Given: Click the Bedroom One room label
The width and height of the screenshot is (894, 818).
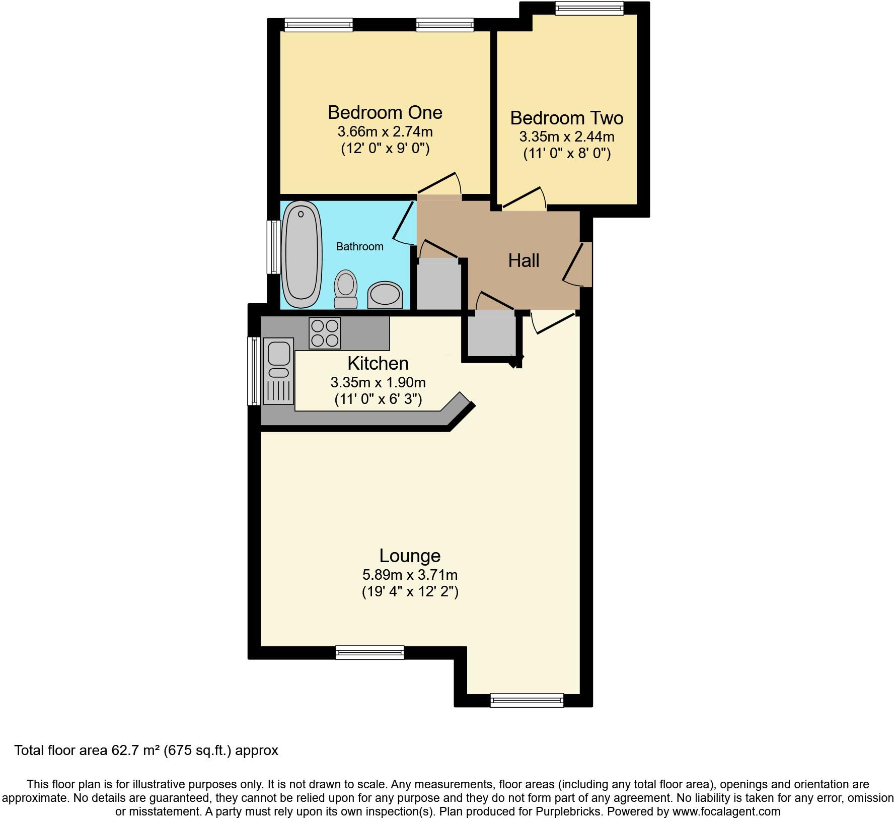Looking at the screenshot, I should point(385,112).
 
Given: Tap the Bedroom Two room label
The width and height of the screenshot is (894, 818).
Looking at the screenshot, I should point(567,118).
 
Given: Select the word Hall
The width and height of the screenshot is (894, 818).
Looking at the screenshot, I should point(524,260).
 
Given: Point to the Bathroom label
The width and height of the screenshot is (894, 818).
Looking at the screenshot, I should point(359,247).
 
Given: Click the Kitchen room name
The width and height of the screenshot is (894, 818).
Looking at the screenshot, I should point(378,363).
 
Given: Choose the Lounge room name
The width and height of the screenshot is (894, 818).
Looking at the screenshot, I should point(410,556).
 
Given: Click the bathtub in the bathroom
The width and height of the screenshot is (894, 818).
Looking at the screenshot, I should point(302,254).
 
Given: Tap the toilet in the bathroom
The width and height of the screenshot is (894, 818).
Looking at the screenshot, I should point(345,289).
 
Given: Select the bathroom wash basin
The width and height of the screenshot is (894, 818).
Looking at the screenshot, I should point(385,295).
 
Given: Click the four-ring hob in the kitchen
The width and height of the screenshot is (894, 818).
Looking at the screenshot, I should point(325,333).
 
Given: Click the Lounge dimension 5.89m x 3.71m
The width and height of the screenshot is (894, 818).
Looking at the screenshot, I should point(410,575).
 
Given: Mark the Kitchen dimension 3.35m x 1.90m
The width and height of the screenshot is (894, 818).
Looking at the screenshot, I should point(378,382).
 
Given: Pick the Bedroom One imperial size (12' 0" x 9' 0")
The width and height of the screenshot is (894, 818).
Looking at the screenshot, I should point(385,149).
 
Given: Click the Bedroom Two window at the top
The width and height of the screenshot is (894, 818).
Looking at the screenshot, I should point(589,8).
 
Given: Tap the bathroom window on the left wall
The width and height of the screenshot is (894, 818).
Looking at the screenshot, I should point(274,247).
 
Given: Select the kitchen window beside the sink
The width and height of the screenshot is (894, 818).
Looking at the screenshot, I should point(254,371).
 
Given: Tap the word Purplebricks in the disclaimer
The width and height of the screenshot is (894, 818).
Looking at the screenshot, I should point(573,811).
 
